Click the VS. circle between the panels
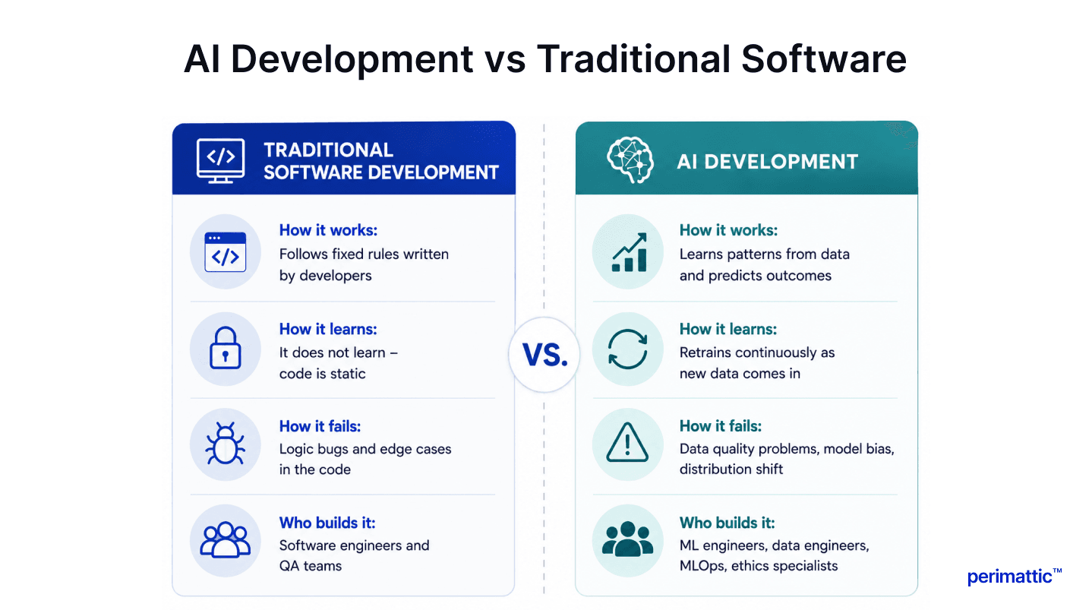(544, 355)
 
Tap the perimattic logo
(1015, 577)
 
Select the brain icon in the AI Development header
(630, 160)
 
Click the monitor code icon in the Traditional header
(220, 160)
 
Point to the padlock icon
(226, 348)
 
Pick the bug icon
(226, 443)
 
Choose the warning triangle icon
(627, 442)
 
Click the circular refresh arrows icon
(628, 349)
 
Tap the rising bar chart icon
(630, 252)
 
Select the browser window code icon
(226, 252)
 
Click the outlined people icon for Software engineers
(226, 540)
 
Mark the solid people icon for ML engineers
(627, 539)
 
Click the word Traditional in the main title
(633, 59)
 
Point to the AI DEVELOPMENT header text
(767, 161)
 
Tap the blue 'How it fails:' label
(320, 426)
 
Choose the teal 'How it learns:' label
(727, 329)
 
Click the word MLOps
(702, 566)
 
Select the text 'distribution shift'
(731, 469)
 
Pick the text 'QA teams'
(311, 566)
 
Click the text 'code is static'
(322, 374)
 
